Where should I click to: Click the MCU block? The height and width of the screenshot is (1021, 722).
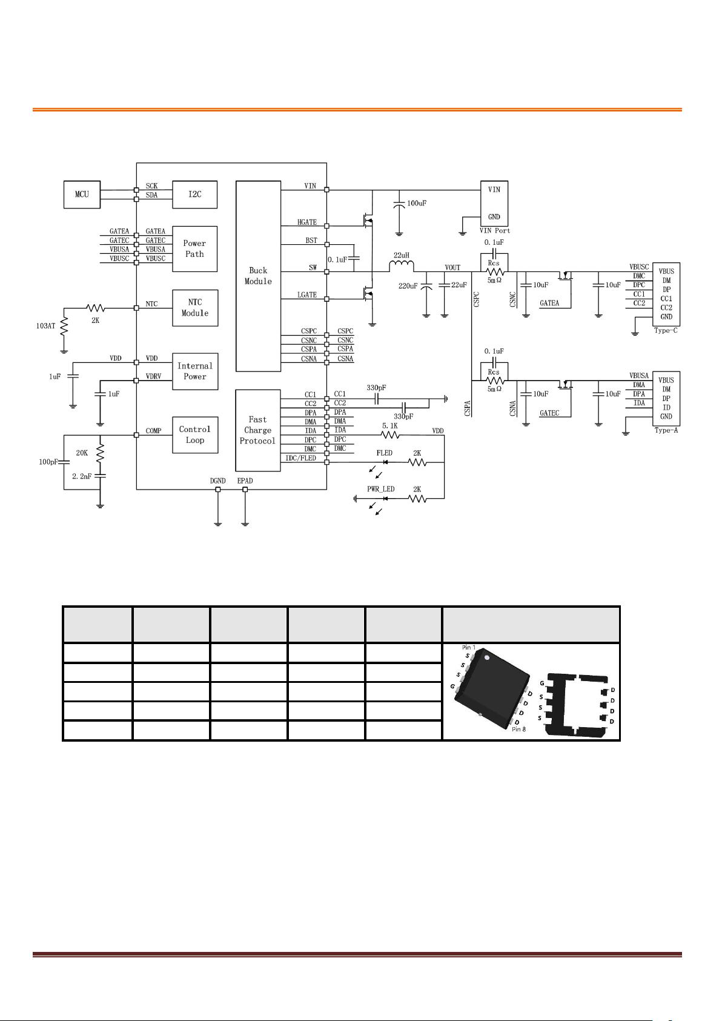[x=82, y=195]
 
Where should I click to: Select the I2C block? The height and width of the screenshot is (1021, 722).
[x=194, y=195]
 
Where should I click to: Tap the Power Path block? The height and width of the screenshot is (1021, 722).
[x=194, y=249]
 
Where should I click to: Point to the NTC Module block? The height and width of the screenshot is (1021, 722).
[x=195, y=308]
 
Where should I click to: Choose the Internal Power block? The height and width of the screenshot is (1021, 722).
[x=195, y=371]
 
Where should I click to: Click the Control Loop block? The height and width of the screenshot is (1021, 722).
[x=195, y=435]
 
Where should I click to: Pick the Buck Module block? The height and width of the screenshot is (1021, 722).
[x=258, y=276]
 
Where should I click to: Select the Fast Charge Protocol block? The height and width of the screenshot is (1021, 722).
[x=258, y=430]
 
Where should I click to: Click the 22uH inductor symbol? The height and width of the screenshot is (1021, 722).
[x=402, y=266]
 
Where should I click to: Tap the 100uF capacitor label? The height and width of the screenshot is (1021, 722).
[x=416, y=203]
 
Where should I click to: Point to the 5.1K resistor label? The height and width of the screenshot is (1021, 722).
[x=390, y=425]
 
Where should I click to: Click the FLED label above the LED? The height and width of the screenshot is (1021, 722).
[x=384, y=453]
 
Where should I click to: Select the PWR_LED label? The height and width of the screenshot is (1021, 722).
[x=381, y=489]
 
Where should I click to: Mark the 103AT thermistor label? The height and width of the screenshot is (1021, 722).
[x=45, y=326]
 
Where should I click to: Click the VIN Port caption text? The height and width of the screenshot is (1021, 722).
[x=495, y=231]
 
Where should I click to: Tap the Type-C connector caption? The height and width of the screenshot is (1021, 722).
[x=666, y=330]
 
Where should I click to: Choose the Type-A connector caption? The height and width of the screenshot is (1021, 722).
[x=666, y=430]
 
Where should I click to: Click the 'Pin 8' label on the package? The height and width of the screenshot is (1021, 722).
[x=518, y=730]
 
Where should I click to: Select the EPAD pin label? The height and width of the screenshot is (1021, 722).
[x=245, y=481]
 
